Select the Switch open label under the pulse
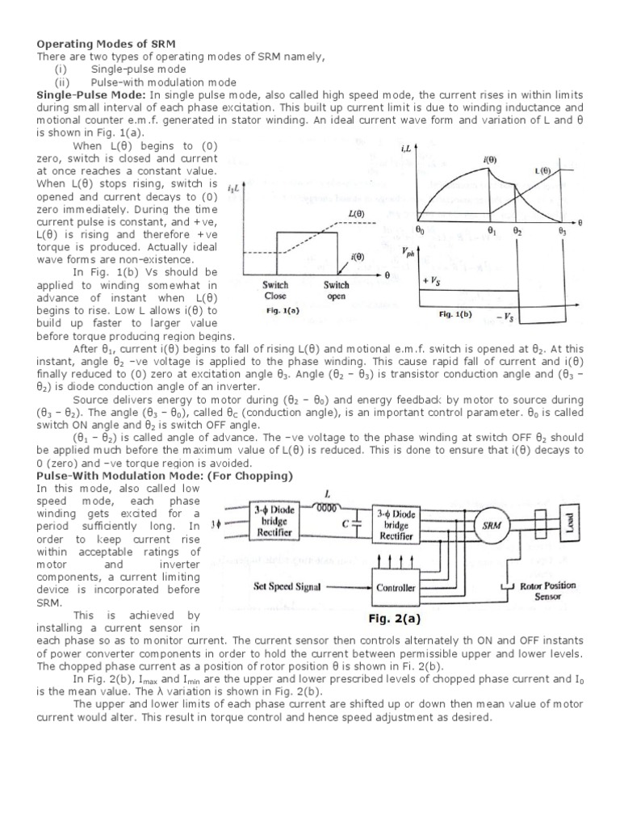click(337, 290)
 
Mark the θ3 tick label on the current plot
click(562, 232)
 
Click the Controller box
click(396, 588)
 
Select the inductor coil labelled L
click(326, 507)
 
